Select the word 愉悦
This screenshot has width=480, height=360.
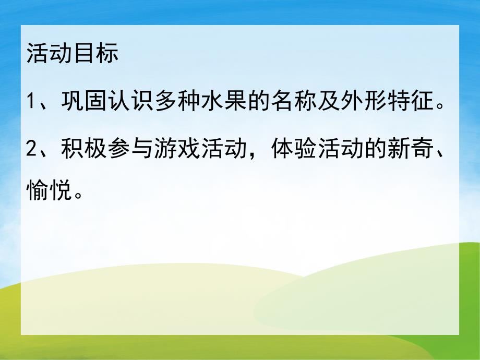point(49,193)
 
